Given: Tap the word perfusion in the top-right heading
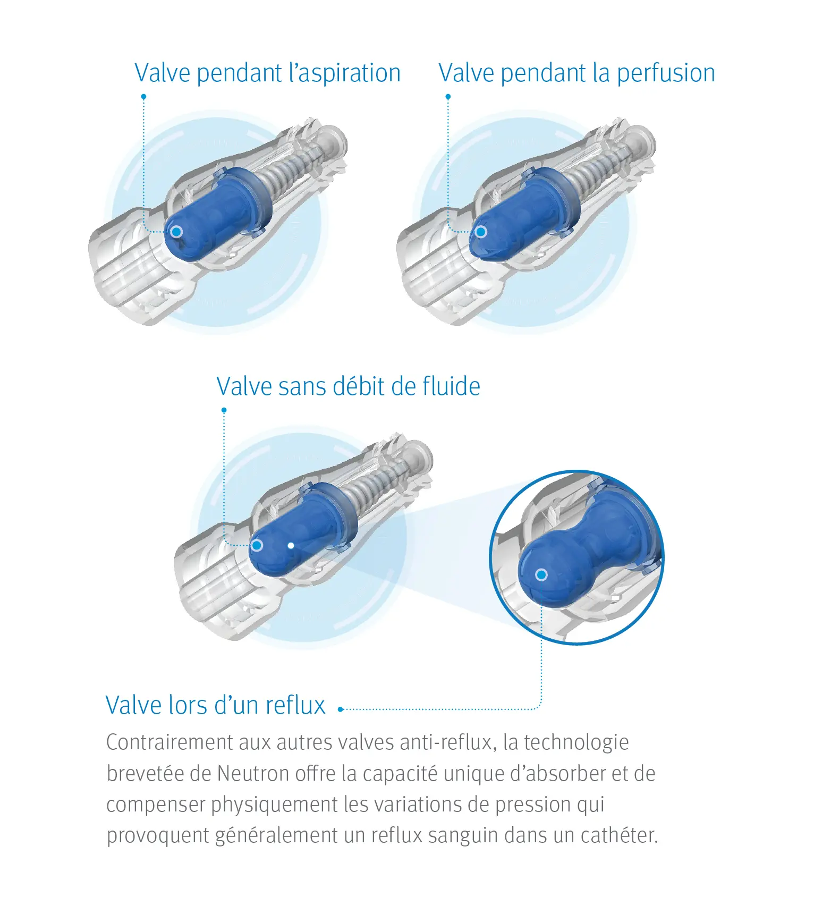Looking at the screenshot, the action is pos(666,73).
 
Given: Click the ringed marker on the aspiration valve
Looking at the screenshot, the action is pos(176,232).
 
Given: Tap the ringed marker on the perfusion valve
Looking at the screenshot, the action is pos(481,232).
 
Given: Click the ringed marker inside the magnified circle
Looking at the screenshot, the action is pos(541,574).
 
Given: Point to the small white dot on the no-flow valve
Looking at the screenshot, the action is pos(291,545).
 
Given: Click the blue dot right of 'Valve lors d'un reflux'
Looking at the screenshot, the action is pos(341,709).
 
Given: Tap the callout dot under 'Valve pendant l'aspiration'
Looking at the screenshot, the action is pos(143,97).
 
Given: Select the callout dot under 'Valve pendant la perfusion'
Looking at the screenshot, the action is pos(448,97).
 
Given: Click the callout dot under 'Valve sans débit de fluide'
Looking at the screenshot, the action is pos(224,410).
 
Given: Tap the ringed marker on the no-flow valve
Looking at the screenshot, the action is pos(257,545).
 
